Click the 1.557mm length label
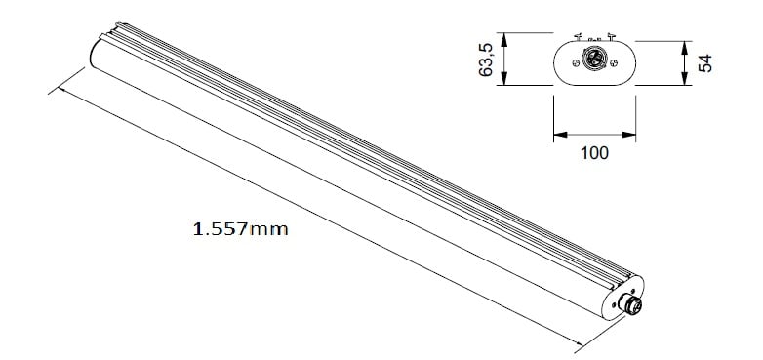click(240, 228)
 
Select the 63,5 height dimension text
click(486, 60)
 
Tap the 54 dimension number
click(705, 63)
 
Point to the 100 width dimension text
click(594, 153)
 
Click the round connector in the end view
click(594, 59)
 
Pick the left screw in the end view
click(576, 62)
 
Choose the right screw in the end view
click(614, 62)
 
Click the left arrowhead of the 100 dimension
click(561, 135)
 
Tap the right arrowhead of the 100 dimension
click(628, 135)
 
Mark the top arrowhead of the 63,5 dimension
click(504, 40)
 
